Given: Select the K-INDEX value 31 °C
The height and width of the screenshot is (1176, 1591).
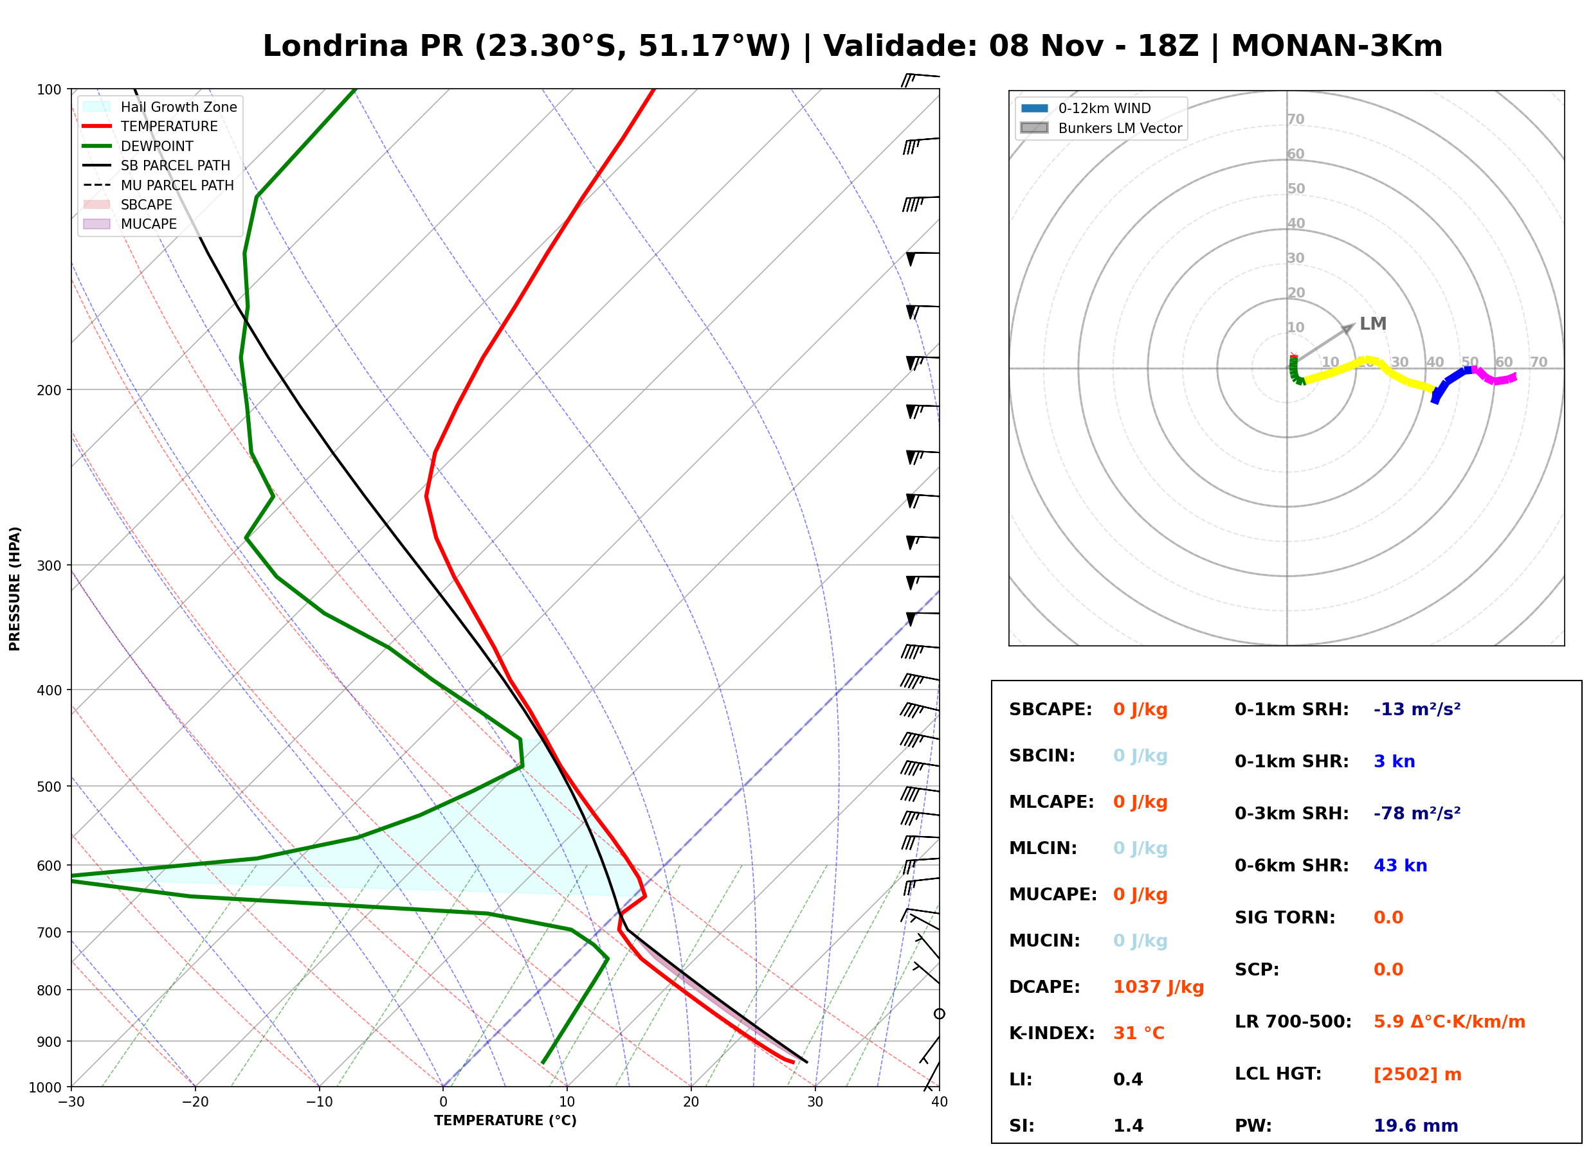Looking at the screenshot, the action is pyautogui.click(x=1138, y=1033).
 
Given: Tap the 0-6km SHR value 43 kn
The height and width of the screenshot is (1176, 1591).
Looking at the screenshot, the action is pyautogui.click(x=1400, y=866).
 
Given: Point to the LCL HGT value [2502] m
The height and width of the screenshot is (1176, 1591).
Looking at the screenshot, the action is pyautogui.click(x=1417, y=1074).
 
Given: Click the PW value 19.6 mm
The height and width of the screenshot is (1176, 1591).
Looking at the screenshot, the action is pyautogui.click(x=1416, y=1125).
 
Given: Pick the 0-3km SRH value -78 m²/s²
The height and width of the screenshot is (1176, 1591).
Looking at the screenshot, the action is pyautogui.click(x=1417, y=813).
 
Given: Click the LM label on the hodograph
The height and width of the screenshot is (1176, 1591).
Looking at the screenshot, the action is pyautogui.click(x=1372, y=324).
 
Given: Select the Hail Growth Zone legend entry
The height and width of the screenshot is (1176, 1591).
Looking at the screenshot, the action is pyautogui.click(x=160, y=107).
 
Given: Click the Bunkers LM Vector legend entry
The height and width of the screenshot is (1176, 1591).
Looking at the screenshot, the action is pyautogui.click(x=1101, y=128).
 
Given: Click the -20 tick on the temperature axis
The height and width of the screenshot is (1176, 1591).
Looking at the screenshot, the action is pyautogui.click(x=194, y=1102).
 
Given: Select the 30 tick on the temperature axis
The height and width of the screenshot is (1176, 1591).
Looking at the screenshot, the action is pyautogui.click(x=815, y=1102).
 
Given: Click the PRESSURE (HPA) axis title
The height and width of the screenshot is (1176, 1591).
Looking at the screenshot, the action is pyautogui.click(x=15, y=589).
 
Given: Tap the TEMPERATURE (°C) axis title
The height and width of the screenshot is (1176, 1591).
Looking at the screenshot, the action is pyautogui.click(x=505, y=1121).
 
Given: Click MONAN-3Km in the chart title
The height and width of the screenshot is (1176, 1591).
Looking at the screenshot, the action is pyautogui.click(x=1337, y=46).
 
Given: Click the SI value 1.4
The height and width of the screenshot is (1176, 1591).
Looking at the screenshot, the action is pyautogui.click(x=1128, y=1125).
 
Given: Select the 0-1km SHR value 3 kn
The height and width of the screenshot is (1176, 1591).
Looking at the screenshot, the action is pyautogui.click(x=1394, y=761).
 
